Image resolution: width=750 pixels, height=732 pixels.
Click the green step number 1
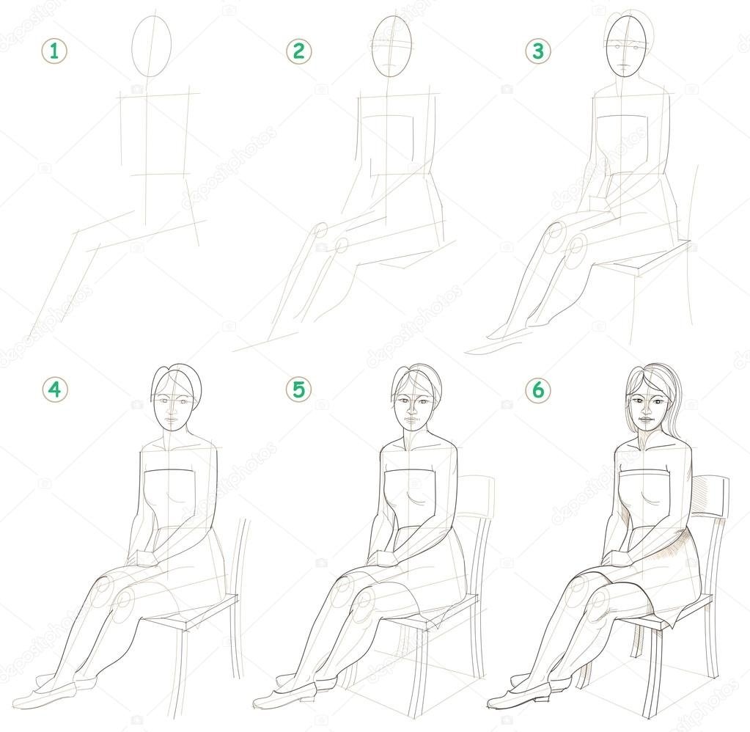[54, 51]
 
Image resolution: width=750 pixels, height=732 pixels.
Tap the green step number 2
[299, 51]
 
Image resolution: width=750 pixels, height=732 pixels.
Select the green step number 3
[538, 51]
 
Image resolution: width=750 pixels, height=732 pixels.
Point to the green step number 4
[55, 390]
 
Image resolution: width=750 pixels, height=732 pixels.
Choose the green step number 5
[299, 390]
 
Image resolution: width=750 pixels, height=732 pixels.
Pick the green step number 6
[538, 390]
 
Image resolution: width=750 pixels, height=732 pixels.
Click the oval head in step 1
[151, 46]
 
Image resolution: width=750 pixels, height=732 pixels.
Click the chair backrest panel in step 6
[710, 498]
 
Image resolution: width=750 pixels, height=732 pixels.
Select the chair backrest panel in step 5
[474, 497]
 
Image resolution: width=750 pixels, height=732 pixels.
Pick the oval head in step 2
[392, 46]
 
